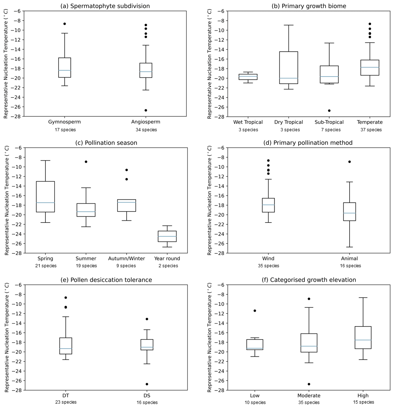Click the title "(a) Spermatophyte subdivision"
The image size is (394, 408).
(105, 6)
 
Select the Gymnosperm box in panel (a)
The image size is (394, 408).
(64, 68)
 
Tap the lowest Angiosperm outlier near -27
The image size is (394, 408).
(146, 110)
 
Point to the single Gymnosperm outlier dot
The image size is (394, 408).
(64, 24)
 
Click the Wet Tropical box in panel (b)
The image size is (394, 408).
(248, 77)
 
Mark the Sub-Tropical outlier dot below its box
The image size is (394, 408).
(329, 110)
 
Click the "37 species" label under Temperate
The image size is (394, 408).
(370, 130)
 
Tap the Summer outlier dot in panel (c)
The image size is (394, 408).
(86, 161)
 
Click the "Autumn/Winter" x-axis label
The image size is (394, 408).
(126, 259)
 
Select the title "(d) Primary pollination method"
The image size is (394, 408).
(308, 143)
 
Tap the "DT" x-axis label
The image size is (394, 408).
(65, 396)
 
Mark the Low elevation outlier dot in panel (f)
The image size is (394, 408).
(255, 311)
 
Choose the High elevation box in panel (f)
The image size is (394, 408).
(363, 337)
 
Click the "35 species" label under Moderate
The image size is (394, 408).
(309, 403)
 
